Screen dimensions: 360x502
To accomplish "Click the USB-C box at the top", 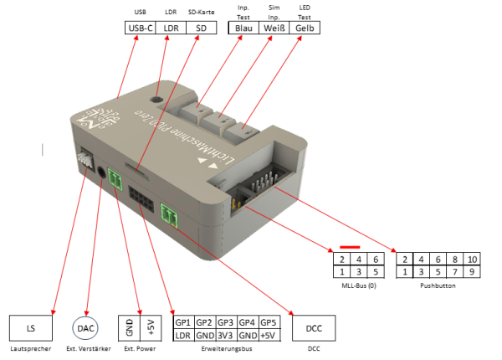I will click(139, 28).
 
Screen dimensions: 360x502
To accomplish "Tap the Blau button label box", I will click(243, 28).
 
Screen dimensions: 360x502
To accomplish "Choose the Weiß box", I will click(274, 28).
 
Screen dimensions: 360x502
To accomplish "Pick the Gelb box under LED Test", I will click(305, 28).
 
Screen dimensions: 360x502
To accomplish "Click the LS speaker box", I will click(32, 327).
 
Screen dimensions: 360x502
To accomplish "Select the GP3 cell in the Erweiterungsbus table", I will click(225, 322).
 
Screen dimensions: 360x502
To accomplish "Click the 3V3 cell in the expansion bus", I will click(225, 335).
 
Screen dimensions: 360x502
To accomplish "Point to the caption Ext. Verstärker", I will click(86, 347).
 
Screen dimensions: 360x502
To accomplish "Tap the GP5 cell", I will click(268, 322).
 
